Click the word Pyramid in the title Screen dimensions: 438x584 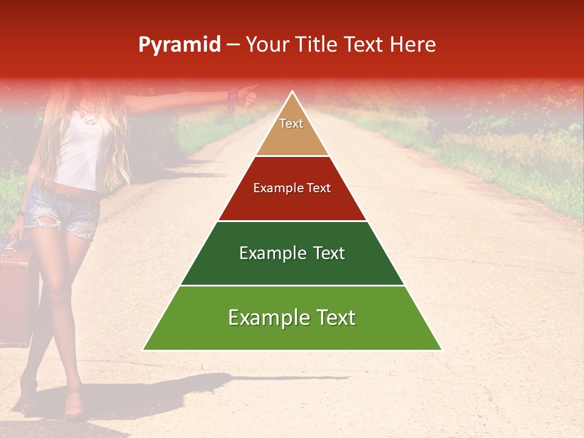(x=179, y=45)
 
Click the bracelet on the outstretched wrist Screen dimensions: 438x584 (x=231, y=98)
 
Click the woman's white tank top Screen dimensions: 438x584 (x=82, y=152)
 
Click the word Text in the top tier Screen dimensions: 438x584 (x=291, y=123)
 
